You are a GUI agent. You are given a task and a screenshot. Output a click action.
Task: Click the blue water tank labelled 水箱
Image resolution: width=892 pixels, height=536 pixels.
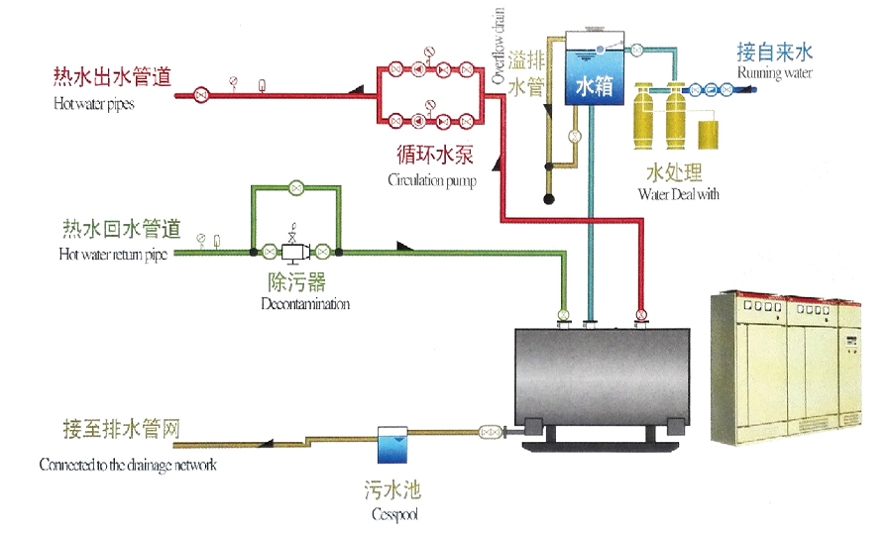[595, 72]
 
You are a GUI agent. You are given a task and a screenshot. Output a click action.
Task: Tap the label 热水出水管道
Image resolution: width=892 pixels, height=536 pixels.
[112, 76]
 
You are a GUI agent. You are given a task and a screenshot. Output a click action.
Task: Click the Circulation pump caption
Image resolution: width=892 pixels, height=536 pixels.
[431, 181]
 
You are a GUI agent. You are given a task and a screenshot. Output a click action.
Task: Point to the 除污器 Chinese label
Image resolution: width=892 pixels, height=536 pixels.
[304, 283]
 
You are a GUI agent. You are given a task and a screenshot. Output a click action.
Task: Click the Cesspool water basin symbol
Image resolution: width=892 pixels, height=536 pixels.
[391, 445]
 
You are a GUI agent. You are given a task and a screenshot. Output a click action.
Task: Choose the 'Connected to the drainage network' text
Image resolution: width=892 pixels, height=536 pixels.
[128, 464]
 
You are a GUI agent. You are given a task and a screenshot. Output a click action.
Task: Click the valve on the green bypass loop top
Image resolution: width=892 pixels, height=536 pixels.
[295, 186]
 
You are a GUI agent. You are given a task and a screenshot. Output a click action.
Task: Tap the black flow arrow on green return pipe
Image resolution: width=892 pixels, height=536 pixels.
[403, 246]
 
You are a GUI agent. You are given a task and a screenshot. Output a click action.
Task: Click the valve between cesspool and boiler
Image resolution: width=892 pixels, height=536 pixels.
[489, 432]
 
